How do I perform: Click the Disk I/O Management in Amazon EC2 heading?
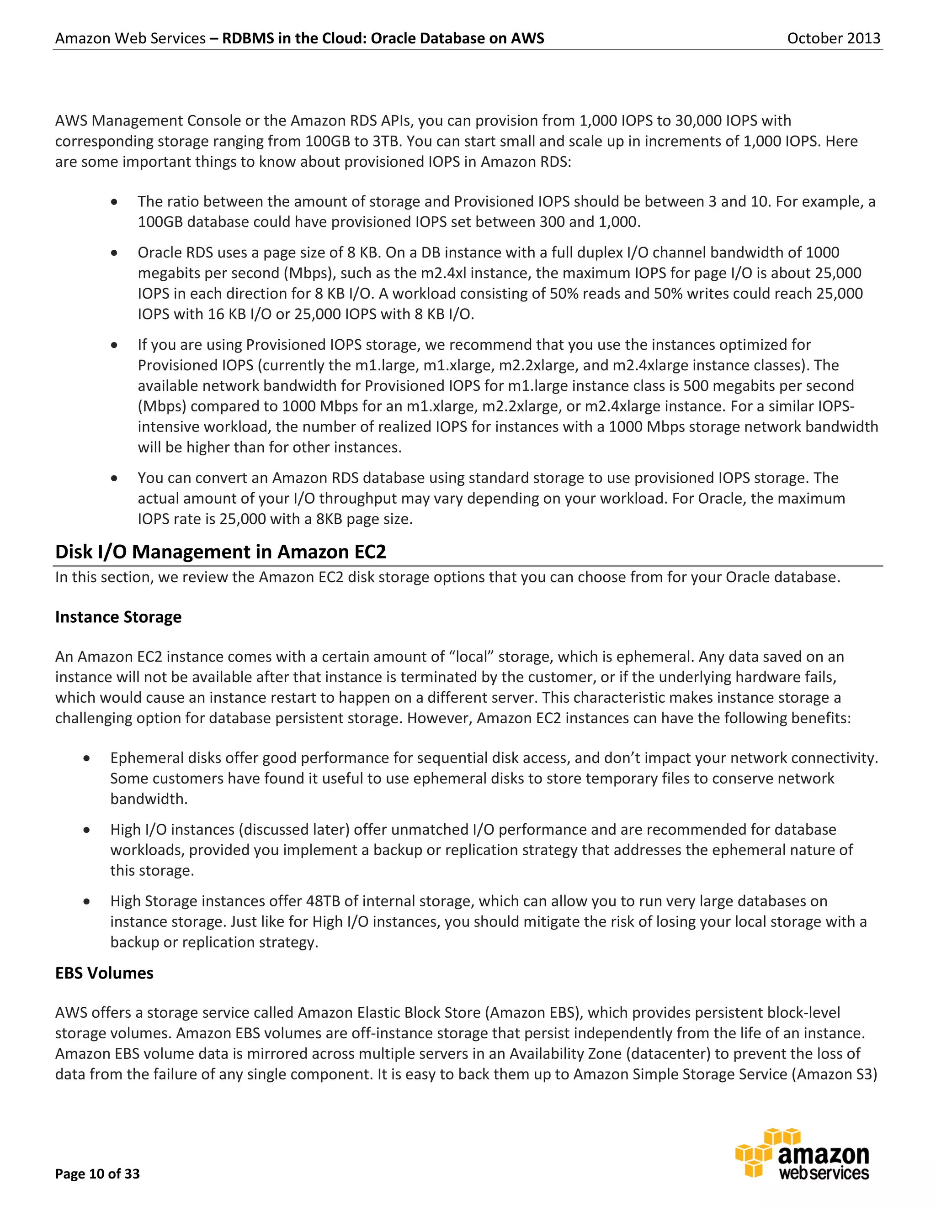(220, 552)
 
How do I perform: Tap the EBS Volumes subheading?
(104, 973)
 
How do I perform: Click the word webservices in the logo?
(824, 1173)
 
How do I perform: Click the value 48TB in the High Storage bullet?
(323, 901)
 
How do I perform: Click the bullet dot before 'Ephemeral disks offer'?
(87, 758)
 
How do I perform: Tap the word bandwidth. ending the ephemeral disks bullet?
(149, 799)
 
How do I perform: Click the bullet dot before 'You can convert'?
(114, 479)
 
